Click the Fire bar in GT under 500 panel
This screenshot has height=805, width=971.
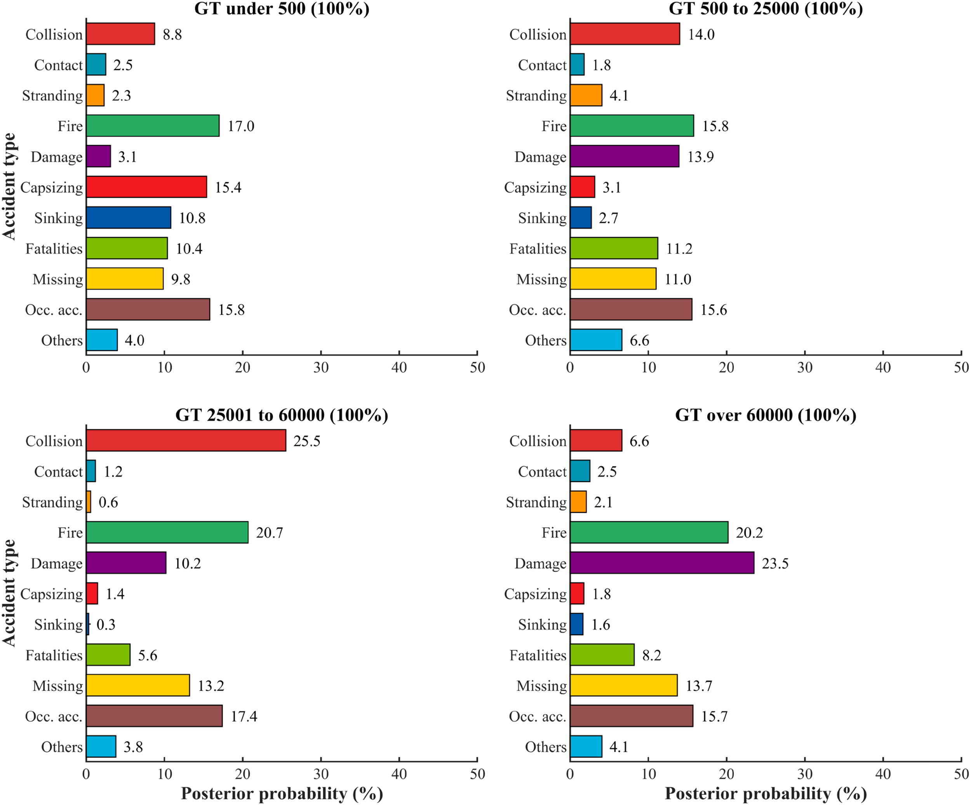point(153,126)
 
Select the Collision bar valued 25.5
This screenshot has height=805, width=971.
point(186,441)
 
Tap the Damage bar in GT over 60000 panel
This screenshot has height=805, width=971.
point(662,563)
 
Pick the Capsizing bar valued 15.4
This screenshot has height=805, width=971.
point(146,187)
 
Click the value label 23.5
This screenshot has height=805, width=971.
point(775,563)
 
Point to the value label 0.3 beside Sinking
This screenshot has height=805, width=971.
point(106,625)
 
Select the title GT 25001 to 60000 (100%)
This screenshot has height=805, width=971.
point(282,415)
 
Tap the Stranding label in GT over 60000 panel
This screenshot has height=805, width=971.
point(536,502)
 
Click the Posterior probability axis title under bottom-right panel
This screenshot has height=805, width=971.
point(766,793)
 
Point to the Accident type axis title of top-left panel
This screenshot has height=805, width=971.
point(9,187)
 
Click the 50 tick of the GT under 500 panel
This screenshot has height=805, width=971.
point(477,368)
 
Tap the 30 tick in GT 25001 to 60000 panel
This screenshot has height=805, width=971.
point(321,774)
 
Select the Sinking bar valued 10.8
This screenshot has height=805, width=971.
point(128,218)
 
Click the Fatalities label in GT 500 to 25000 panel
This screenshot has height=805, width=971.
point(538,248)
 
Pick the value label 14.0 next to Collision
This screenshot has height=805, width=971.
point(701,34)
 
